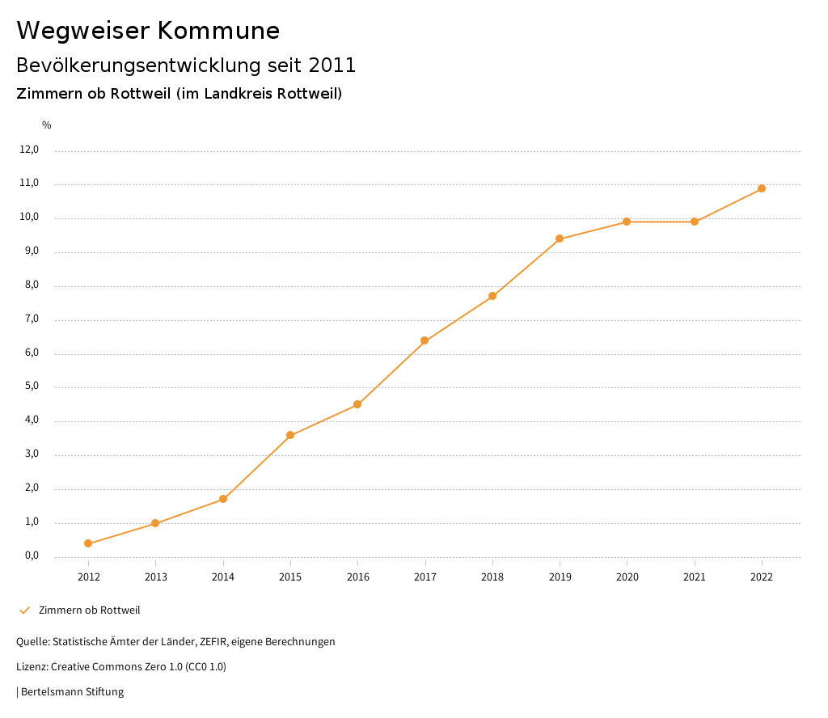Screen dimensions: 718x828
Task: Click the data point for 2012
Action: pyautogui.click(x=88, y=543)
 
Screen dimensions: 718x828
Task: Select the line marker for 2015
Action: pyautogui.click(x=290, y=436)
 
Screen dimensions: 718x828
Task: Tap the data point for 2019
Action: pyautogui.click(x=560, y=239)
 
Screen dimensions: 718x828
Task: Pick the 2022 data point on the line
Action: pyautogui.click(x=762, y=188)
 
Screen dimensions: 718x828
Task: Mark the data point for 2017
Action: pyautogui.click(x=425, y=340)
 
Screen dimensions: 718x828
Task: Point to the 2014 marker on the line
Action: pyautogui.click(x=223, y=499)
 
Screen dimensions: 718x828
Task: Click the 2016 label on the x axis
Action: pyautogui.click(x=357, y=577)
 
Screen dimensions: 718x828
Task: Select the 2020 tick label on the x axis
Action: pyautogui.click(x=627, y=577)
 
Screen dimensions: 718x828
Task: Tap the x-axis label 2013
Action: pyautogui.click(x=155, y=577)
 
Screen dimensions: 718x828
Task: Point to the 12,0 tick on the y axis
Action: pyautogui.click(x=29, y=150)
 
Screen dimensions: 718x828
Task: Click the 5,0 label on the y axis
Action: pyautogui.click(x=32, y=386)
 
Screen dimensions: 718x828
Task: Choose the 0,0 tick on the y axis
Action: pyautogui.click(x=32, y=555)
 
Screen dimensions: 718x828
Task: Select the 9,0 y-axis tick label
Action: pyautogui.click(x=32, y=251)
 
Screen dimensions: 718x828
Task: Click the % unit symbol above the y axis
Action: pyautogui.click(x=47, y=125)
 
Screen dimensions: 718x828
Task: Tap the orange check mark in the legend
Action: pyautogui.click(x=24, y=610)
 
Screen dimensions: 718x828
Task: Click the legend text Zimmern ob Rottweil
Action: pyautogui.click(x=89, y=610)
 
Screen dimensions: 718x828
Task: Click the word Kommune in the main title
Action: pyautogui.click(x=219, y=31)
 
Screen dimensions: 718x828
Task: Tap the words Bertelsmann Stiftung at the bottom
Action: pyautogui.click(x=72, y=692)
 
